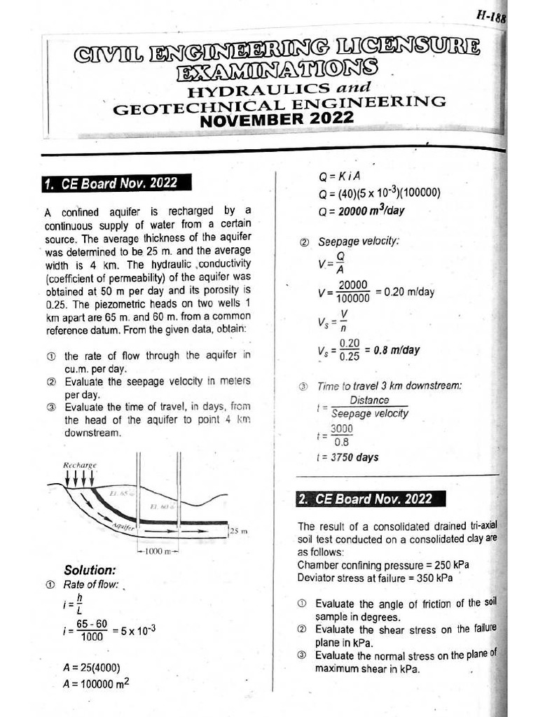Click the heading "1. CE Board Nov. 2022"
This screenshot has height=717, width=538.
pos(110,183)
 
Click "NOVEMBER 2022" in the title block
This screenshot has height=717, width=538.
pos(277,119)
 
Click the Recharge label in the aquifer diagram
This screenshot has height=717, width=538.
pos(79,464)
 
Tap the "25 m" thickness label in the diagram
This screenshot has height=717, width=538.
pos(240,531)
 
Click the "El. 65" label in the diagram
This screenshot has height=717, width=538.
pos(117,494)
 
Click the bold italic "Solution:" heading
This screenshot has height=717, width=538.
pos(90,570)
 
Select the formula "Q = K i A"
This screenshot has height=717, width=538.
pos(339,178)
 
